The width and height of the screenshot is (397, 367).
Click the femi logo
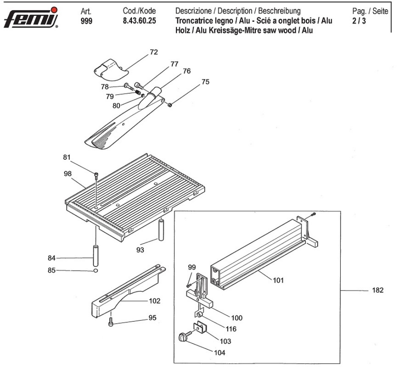pos(31,18)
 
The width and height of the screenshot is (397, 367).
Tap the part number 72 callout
pos(154,52)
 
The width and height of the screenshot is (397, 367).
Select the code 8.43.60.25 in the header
pos(139,21)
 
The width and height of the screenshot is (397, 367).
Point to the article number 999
pos(87,21)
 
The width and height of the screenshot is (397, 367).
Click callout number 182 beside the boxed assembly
pos(378,290)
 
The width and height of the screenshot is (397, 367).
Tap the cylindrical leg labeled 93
pos(161,230)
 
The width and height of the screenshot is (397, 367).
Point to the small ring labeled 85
pos(96,271)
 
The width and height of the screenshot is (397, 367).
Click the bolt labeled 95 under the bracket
pos(111,322)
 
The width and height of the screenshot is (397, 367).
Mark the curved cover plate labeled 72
pos(112,70)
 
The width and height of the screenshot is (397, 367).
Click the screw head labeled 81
pos(96,174)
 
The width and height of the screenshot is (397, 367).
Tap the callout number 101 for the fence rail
pos(278,280)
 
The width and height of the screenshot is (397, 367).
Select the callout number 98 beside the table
pos(67,174)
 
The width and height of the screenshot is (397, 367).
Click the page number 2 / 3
pos(359,21)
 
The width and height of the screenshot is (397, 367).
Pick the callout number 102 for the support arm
pos(155,301)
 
